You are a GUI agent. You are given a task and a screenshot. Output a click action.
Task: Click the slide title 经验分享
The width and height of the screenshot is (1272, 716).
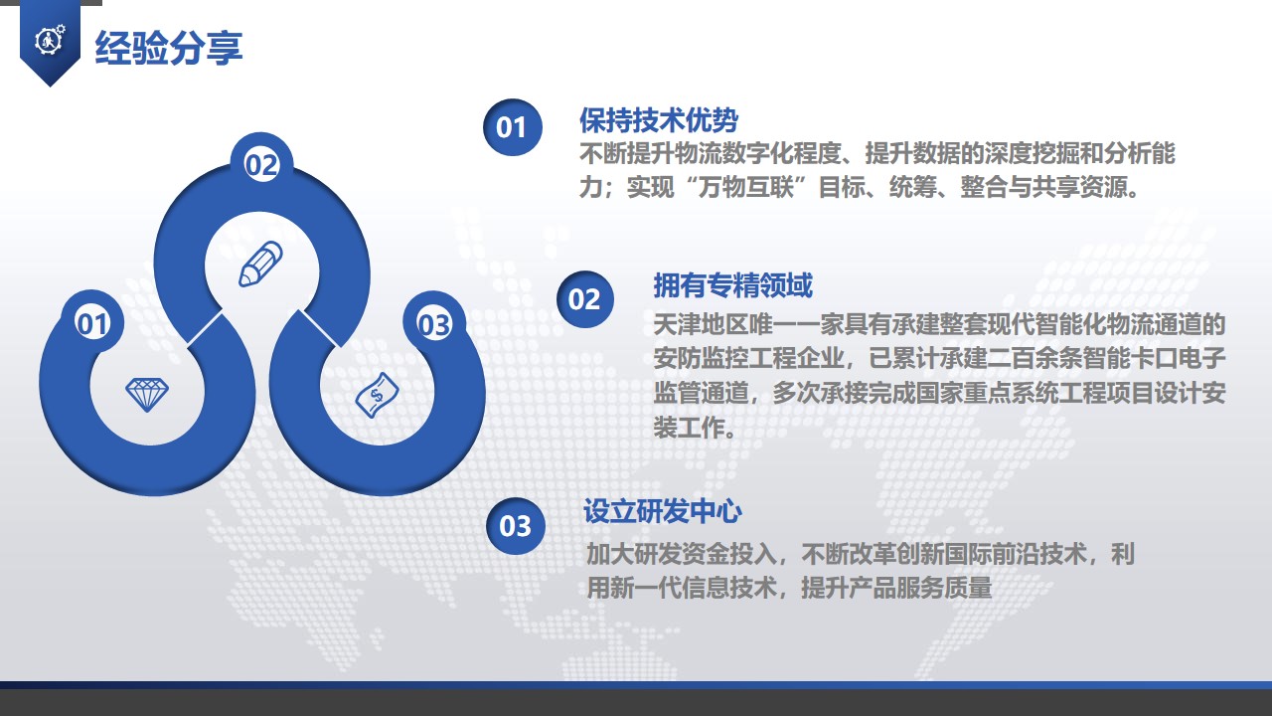[169, 48]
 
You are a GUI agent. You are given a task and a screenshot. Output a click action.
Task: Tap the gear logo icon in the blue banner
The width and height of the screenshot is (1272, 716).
[50, 40]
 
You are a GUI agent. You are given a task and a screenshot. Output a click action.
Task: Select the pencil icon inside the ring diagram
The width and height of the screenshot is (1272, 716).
[260, 264]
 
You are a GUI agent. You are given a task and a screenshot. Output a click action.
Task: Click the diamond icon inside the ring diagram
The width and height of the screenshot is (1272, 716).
[146, 394]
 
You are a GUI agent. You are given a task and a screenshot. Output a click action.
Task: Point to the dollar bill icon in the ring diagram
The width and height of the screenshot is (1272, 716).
[377, 395]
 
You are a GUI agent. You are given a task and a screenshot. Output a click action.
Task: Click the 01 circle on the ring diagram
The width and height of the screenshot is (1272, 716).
[92, 323]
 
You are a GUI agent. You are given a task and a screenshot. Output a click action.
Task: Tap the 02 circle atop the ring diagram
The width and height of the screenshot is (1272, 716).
[261, 164]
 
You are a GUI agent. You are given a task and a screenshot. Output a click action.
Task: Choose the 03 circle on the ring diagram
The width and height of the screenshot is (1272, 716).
[434, 324]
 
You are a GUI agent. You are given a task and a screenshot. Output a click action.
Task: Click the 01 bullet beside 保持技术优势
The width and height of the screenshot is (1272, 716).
[512, 127]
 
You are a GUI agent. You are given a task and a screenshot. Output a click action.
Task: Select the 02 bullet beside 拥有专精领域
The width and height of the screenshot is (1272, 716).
[585, 299]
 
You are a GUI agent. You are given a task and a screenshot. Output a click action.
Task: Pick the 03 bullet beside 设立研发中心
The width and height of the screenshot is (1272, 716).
[516, 526]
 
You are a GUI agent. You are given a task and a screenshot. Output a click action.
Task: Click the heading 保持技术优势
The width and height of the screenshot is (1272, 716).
[659, 120]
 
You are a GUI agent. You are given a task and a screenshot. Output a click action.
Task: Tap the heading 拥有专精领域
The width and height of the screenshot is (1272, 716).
[732, 285]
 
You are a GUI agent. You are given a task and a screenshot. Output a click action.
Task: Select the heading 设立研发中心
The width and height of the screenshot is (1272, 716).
[663, 511]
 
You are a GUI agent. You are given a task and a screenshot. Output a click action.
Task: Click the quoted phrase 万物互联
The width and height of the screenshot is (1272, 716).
[745, 187]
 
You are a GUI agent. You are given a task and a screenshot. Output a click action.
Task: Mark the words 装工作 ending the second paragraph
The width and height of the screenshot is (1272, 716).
[689, 428]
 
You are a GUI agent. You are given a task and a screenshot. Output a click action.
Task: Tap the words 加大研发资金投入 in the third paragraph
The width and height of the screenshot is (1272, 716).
[682, 554]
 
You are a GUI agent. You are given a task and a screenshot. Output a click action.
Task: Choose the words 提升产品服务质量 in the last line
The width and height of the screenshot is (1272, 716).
[896, 588]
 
